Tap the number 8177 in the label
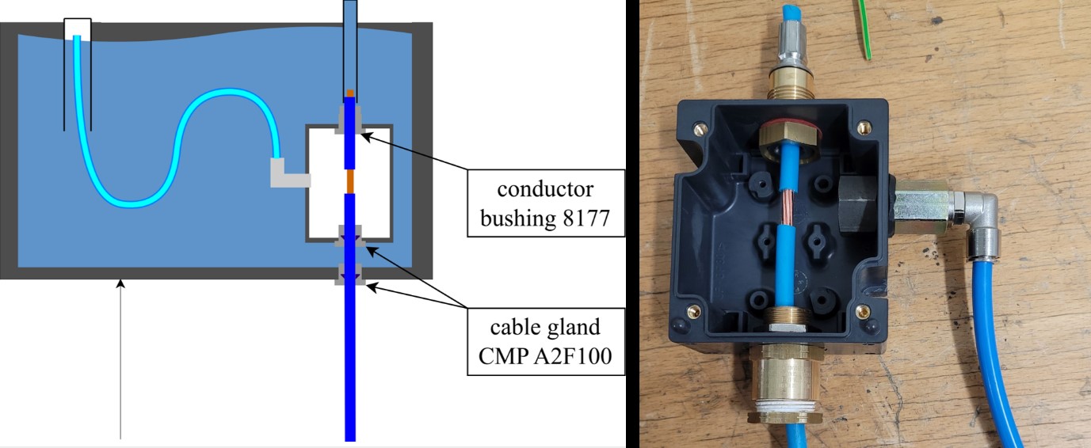click(x=585, y=217)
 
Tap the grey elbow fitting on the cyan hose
click(x=286, y=174)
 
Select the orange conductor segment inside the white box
click(x=349, y=182)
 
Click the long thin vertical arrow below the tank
click(x=120, y=356)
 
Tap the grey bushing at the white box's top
click(x=350, y=118)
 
